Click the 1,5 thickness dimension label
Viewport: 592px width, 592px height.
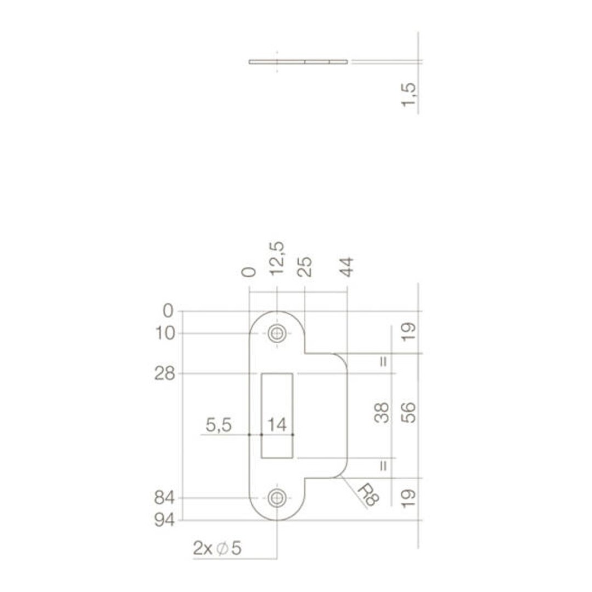pos(409,95)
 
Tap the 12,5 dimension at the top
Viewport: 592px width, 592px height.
pos(277,259)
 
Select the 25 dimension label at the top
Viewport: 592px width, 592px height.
pos(305,267)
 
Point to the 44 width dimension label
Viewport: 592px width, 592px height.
pos(347,267)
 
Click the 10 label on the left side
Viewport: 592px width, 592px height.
pos(166,333)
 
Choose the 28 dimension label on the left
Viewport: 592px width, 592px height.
pos(165,374)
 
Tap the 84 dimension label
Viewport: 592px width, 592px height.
pos(164,498)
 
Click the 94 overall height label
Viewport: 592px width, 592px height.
pos(165,521)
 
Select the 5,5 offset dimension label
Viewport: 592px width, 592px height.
pos(219,425)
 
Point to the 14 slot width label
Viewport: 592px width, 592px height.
pos(277,425)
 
